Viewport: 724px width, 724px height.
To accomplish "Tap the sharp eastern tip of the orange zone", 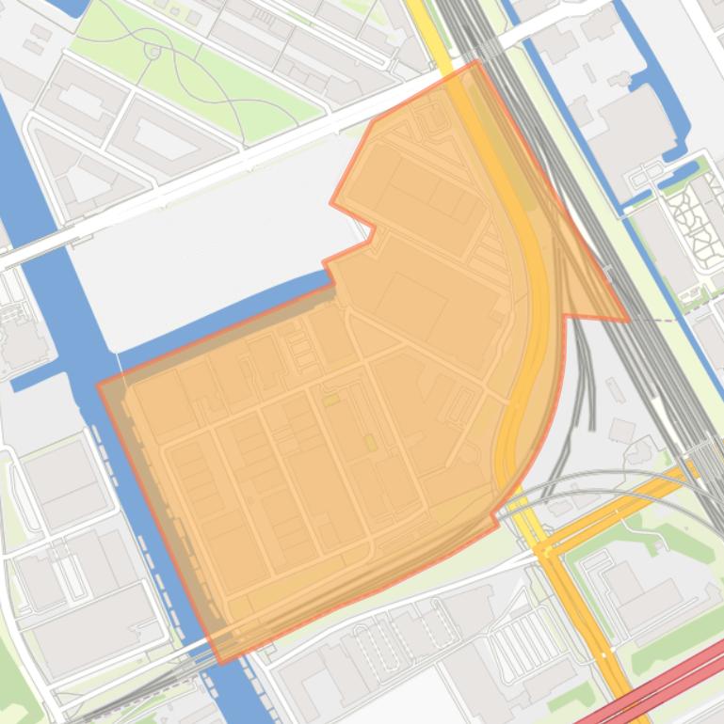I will pos(628,321).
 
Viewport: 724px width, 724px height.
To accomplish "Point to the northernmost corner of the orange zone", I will pos(476,61).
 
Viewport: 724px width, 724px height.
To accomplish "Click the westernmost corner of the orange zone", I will pos(98,385).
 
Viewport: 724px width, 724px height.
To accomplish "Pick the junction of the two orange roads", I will pos(543,551).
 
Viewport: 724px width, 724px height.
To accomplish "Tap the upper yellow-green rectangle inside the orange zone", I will pos(330,401).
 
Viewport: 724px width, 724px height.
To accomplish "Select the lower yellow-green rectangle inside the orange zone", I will pos(370,442).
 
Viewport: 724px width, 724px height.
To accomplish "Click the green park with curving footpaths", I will pos(198,66).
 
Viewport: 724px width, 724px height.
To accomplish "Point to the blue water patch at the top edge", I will pos(71,6).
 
